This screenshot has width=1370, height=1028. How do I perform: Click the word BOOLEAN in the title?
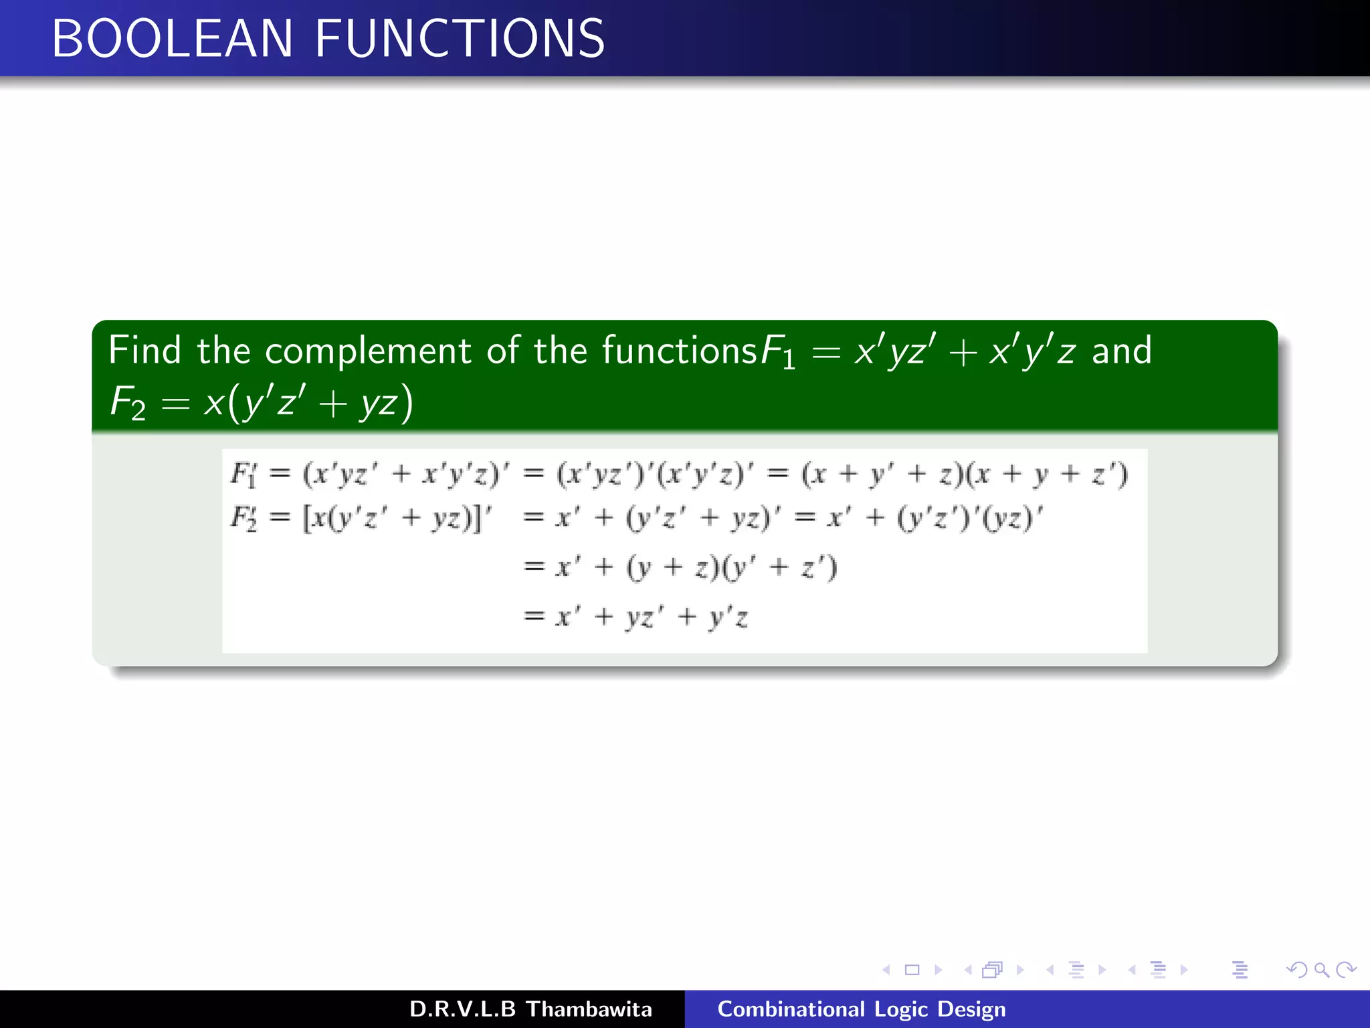(172, 39)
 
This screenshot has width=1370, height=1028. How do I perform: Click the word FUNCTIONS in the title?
(460, 39)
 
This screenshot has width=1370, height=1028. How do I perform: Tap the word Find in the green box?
(144, 350)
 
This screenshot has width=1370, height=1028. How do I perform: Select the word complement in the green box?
(368, 350)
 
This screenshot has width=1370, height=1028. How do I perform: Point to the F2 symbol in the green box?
(128, 404)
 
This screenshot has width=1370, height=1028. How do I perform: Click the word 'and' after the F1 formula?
(1121, 350)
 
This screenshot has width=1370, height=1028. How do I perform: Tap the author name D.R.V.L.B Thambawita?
(530, 1009)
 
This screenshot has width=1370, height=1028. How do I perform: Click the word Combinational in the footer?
(791, 1009)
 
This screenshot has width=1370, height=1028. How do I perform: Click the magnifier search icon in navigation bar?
(1321, 970)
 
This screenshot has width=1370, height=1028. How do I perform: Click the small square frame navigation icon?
(912, 970)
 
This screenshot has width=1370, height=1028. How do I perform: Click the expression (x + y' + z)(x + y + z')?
(965, 475)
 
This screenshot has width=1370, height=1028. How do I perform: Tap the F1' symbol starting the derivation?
(243, 475)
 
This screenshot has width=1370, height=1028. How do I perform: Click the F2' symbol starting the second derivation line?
(243, 518)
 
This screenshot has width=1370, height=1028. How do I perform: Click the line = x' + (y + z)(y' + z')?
(679, 568)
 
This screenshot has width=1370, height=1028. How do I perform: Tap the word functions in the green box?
(679, 350)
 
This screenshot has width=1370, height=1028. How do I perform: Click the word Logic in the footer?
(900, 1009)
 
